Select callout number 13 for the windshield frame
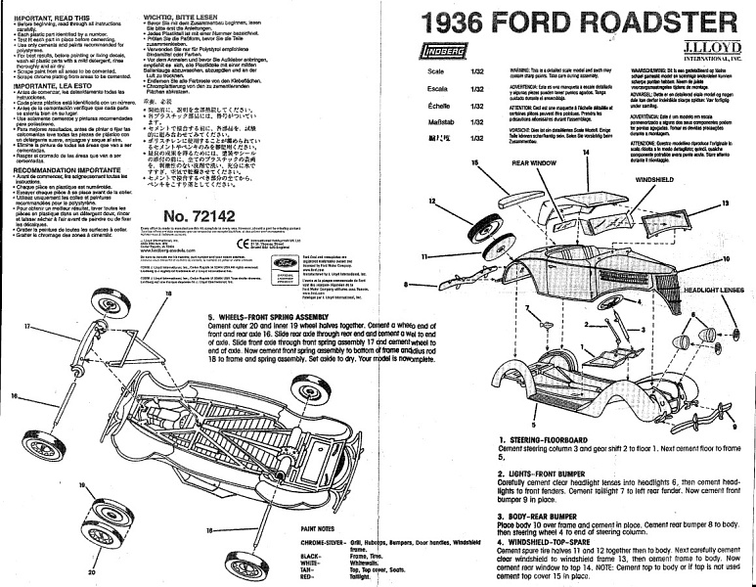pos(726,203)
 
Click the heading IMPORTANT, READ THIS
pos(45,18)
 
